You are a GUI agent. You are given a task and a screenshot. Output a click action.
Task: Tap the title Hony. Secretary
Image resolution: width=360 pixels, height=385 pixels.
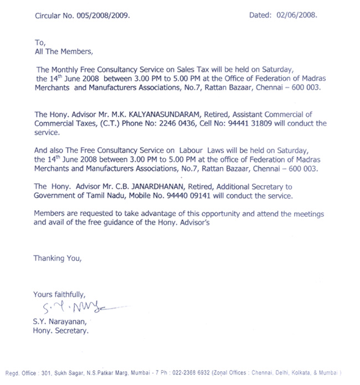point(61,331)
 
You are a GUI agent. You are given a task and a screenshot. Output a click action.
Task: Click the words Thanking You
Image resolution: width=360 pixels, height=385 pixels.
point(57,258)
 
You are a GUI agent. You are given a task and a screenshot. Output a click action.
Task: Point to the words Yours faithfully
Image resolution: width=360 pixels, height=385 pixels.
point(59,295)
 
